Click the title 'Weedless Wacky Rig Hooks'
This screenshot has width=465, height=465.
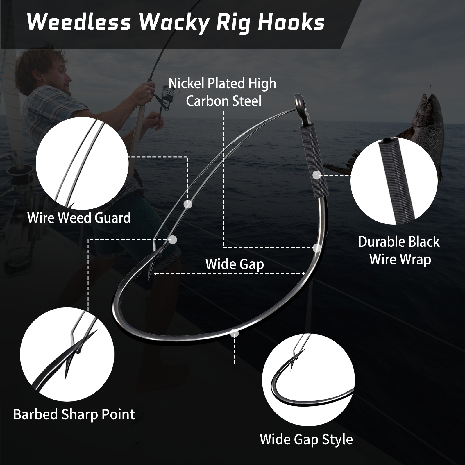tap(176, 23)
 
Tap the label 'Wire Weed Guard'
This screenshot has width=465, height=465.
tap(79, 218)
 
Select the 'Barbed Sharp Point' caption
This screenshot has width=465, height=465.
tap(74, 415)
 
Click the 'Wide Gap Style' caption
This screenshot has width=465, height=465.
tap(306, 439)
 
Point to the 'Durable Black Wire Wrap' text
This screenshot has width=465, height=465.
tap(399, 251)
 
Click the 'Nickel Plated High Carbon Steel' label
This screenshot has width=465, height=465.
tap(223, 92)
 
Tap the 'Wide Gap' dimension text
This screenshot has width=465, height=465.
tap(235, 264)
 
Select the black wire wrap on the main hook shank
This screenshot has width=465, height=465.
tap(314, 160)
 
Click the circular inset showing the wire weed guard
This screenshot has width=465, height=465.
tap(82, 164)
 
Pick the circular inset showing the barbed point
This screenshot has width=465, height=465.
tap(67, 355)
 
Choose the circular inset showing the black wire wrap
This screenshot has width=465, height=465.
tap(394, 181)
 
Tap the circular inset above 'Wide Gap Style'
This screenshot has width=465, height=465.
tap(308, 380)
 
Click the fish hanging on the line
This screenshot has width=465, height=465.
tap(419, 137)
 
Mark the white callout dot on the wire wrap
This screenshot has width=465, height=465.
tap(317, 175)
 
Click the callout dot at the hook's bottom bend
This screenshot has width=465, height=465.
tap(235, 333)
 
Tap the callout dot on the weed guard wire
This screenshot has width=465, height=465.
tap(188, 204)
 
